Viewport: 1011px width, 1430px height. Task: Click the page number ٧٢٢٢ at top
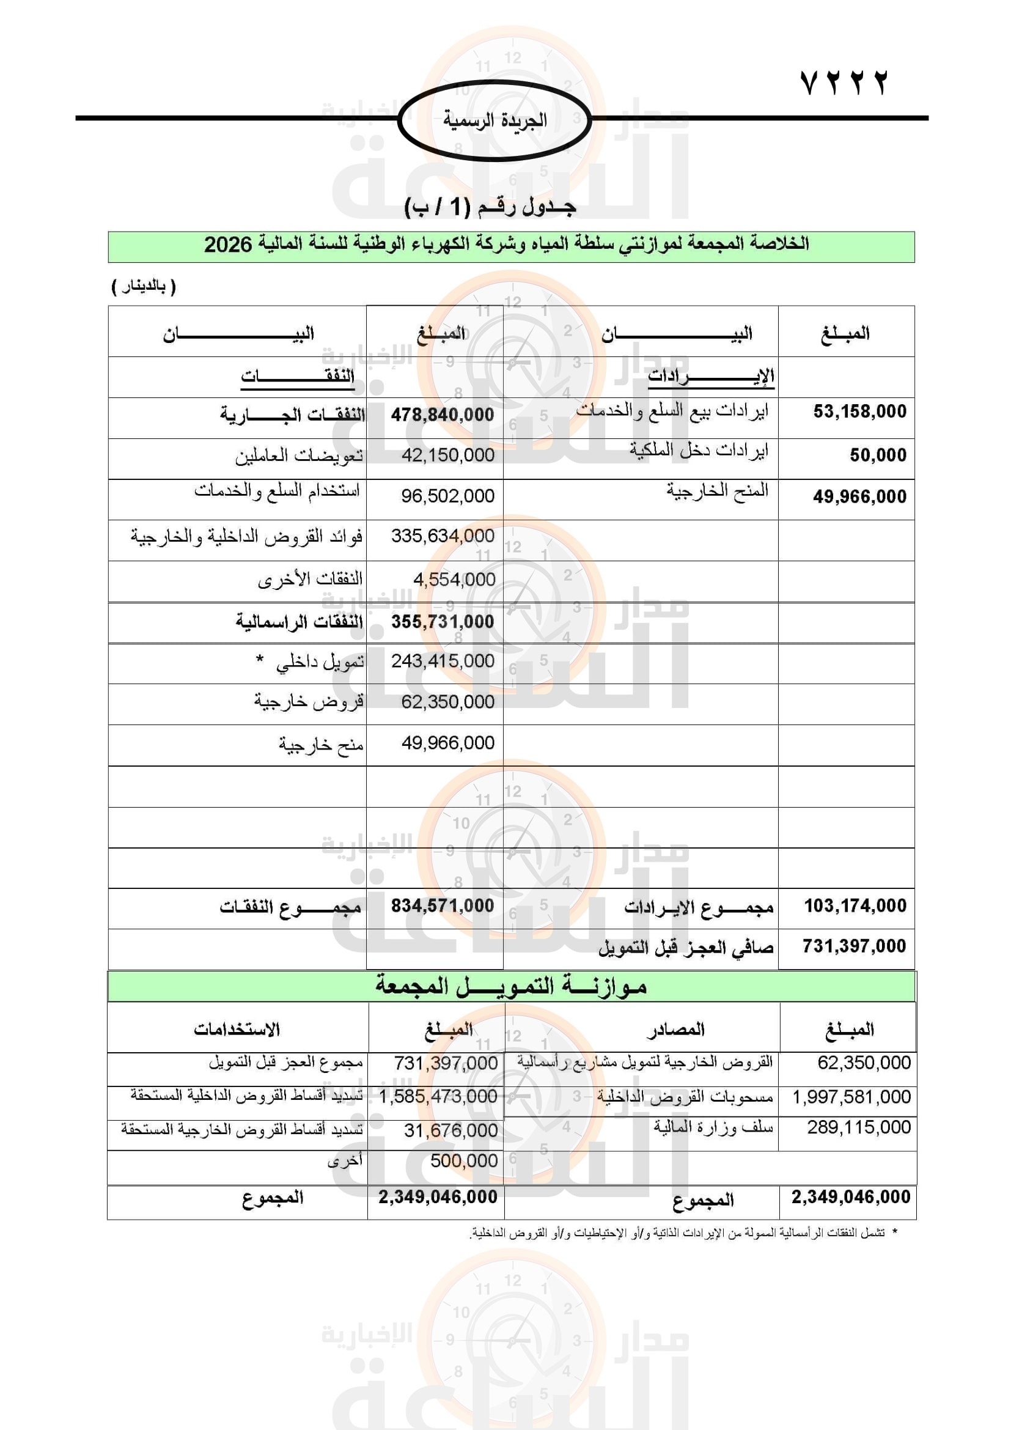click(x=844, y=83)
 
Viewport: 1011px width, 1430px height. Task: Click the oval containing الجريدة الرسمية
click(x=494, y=120)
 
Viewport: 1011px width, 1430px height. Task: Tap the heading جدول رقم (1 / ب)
click(x=490, y=207)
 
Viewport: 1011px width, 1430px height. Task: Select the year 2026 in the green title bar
click(x=228, y=245)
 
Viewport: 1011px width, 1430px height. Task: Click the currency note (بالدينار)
click(x=144, y=287)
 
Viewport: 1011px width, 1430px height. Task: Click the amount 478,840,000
click(x=442, y=415)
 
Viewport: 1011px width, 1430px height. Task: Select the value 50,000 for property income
click(x=878, y=455)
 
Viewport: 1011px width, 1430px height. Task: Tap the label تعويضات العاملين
click(x=299, y=457)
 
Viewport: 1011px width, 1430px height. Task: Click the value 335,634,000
click(x=442, y=536)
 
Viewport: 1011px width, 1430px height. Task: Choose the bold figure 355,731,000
click(x=442, y=622)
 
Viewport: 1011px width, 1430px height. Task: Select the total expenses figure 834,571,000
click(x=442, y=906)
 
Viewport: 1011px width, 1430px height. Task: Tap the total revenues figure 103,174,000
click(x=855, y=906)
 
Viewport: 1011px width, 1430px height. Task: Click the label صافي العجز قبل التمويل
click(x=685, y=948)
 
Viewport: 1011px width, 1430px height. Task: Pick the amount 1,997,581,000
click(x=851, y=1097)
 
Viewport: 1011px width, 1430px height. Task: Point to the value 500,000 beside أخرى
click(x=464, y=1161)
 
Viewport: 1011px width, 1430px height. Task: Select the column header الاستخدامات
click(x=237, y=1030)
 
